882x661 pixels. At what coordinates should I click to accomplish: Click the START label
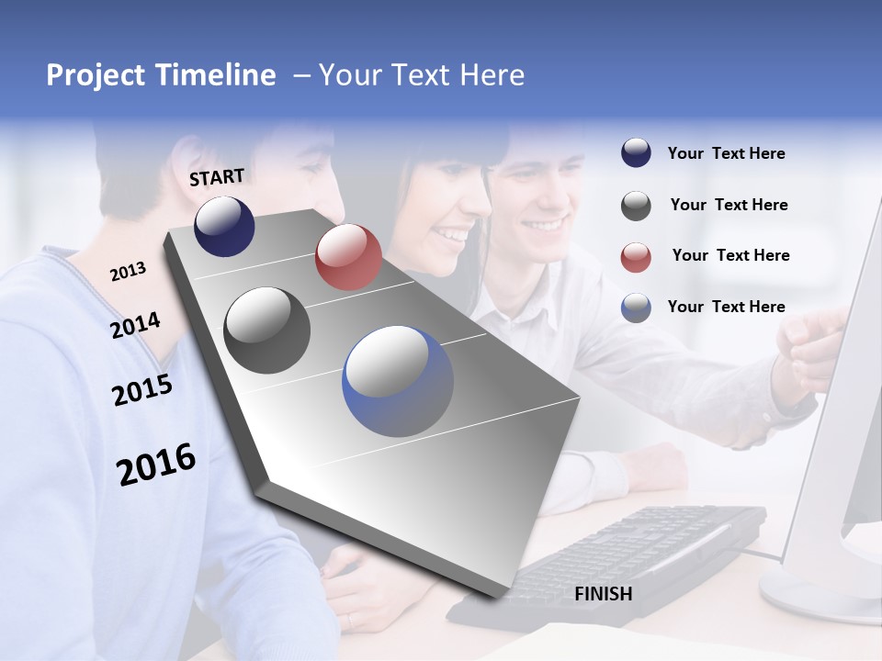click(217, 177)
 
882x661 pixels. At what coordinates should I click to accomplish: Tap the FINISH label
click(603, 594)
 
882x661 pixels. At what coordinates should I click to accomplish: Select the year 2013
click(128, 272)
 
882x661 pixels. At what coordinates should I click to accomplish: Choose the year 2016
click(156, 465)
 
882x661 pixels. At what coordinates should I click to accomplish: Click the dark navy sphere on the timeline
click(224, 226)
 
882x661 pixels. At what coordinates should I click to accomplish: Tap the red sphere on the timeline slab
click(348, 257)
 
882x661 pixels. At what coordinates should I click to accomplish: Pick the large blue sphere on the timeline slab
click(398, 381)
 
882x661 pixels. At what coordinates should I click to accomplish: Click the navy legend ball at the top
click(636, 153)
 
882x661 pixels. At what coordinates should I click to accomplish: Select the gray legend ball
click(636, 206)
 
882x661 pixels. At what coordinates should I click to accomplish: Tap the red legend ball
click(636, 257)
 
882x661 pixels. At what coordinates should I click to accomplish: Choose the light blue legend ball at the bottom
click(636, 308)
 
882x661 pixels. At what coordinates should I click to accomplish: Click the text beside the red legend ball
click(730, 255)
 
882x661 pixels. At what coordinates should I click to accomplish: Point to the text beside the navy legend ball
click(726, 153)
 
